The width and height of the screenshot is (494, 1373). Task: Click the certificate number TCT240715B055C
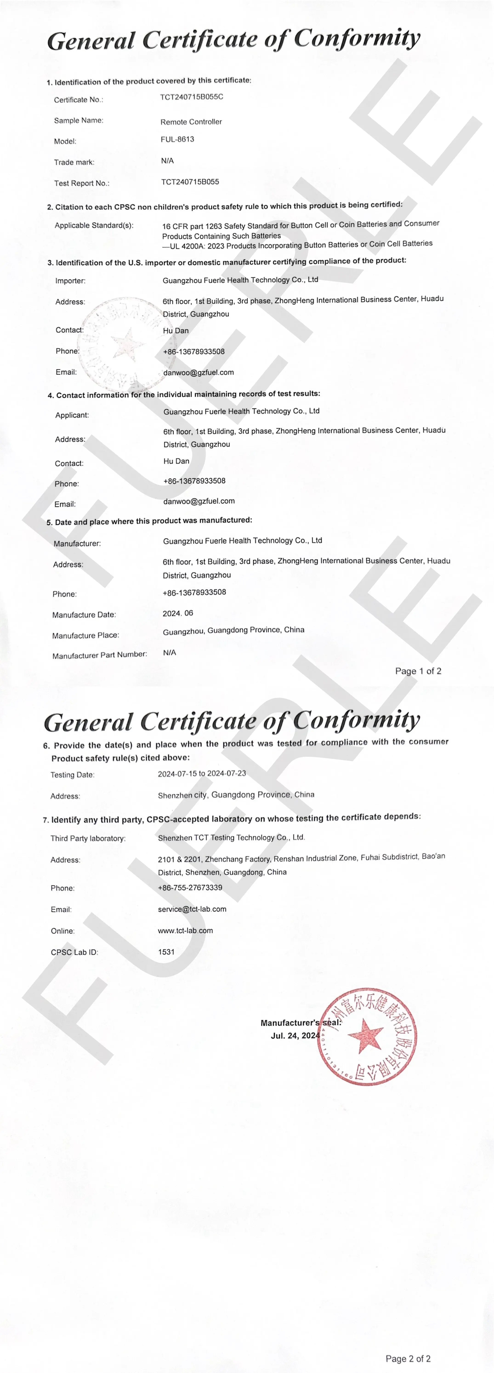pos(191,97)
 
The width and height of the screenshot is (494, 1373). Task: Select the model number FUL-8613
pos(177,140)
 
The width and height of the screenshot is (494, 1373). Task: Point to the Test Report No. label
pos(82,183)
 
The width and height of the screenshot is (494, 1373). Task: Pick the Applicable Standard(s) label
pos(94,226)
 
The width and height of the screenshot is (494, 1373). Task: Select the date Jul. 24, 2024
pos(295,1036)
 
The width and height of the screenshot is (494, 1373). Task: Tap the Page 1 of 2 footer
pos(418,671)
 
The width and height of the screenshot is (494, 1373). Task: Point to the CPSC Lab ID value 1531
pos(166,952)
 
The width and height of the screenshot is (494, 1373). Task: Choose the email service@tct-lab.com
pos(192,909)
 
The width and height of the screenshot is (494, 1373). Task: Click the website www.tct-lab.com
pos(185,931)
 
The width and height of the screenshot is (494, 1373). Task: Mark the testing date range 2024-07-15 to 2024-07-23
pos(202,773)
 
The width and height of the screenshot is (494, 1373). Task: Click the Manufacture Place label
pos(85,635)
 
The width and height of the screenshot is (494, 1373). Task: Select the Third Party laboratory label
pos(88,838)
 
